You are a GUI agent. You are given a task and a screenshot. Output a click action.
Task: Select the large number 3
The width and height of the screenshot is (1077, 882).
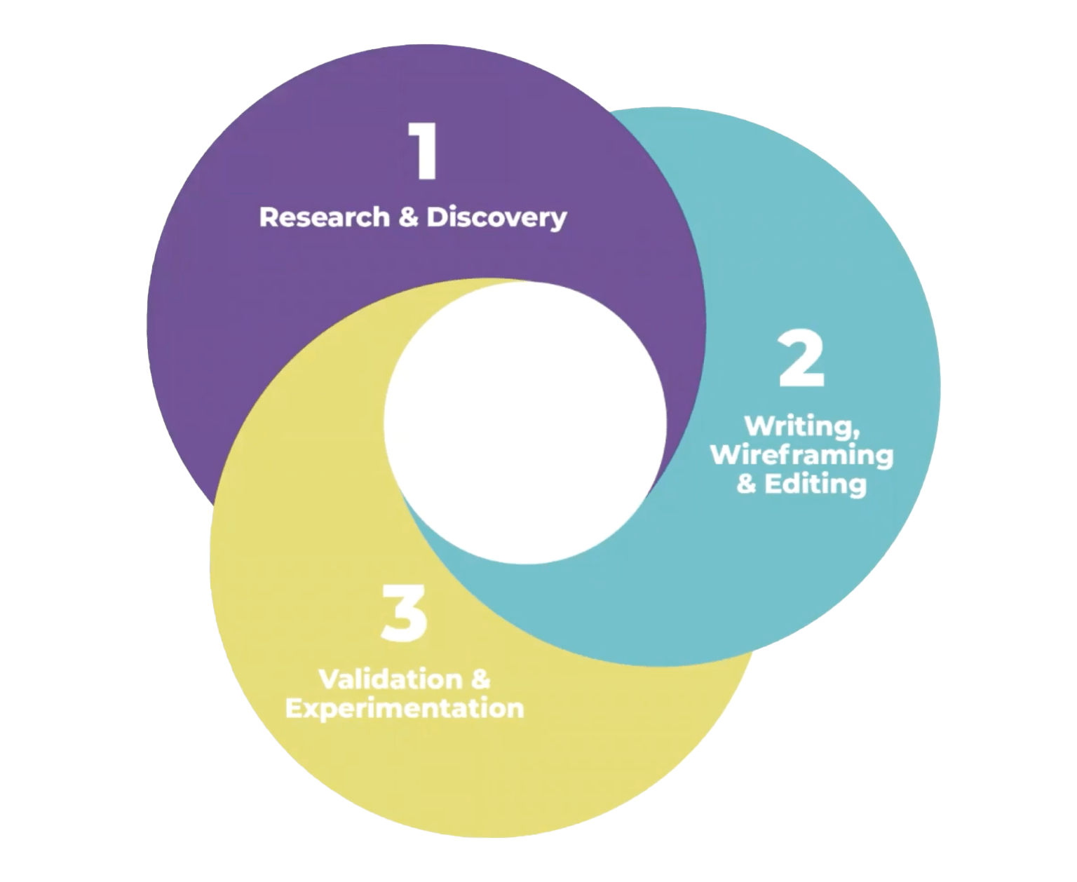(x=404, y=616)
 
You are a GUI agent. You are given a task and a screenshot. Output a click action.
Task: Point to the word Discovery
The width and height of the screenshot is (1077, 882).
(x=496, y=218)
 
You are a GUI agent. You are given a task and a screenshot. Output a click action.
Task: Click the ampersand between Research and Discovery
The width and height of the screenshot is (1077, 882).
(x=408, y=217)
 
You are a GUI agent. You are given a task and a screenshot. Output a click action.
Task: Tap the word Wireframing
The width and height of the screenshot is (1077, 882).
(x=802, y=456)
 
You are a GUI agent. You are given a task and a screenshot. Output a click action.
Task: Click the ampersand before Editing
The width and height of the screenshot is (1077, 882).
(x=747, y=484)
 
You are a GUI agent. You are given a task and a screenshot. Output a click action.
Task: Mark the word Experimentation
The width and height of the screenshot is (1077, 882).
(x=405, y=708)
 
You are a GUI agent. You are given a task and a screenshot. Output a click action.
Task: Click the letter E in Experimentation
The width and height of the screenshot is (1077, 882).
(x=294, y=708)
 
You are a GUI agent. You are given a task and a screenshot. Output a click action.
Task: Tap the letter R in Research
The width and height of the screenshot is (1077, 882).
(x=268, y=217)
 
